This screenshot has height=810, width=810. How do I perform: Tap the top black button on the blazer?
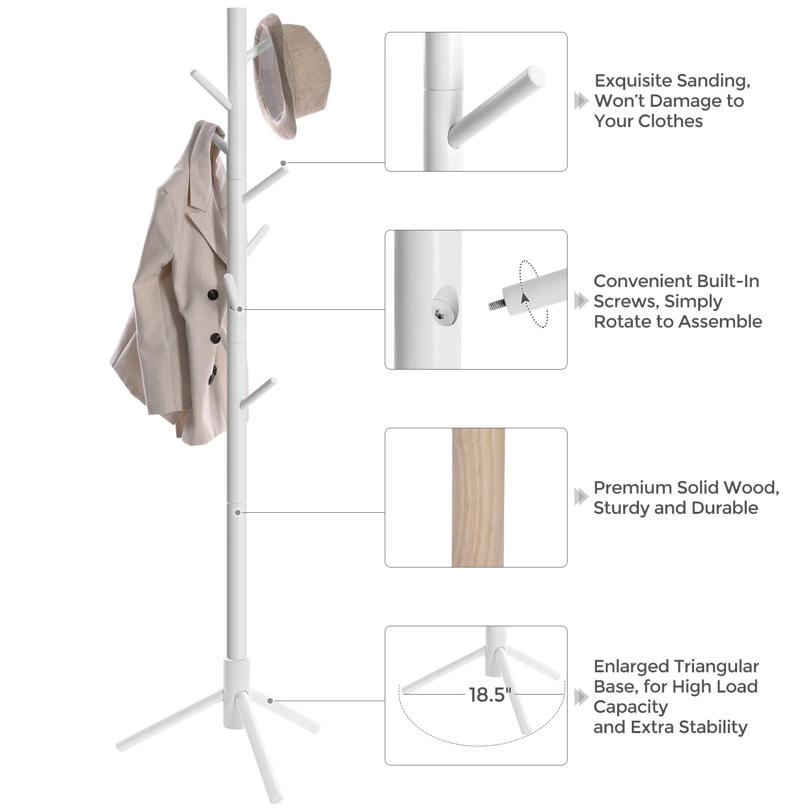[x=213, y=295]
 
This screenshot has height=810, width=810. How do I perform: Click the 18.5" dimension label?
[x=490, y=695]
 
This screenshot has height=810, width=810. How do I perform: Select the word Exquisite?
[x=633, y=81]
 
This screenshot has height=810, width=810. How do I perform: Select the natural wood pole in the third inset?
[x=478, y=497]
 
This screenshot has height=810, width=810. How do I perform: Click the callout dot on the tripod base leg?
[x=270, y=701]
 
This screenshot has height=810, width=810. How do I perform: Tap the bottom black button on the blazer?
[x=212, y=375]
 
